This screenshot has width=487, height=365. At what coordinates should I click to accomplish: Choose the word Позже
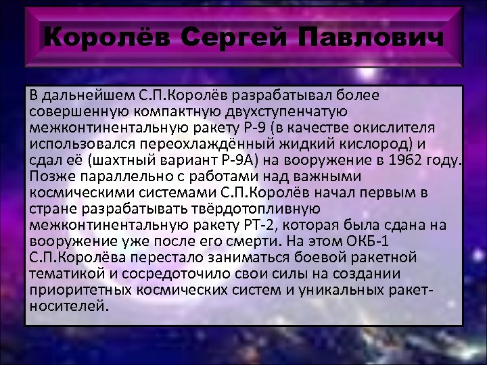click(x=47, y=176)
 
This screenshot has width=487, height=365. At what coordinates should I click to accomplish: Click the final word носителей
click(x=68, y=305)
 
